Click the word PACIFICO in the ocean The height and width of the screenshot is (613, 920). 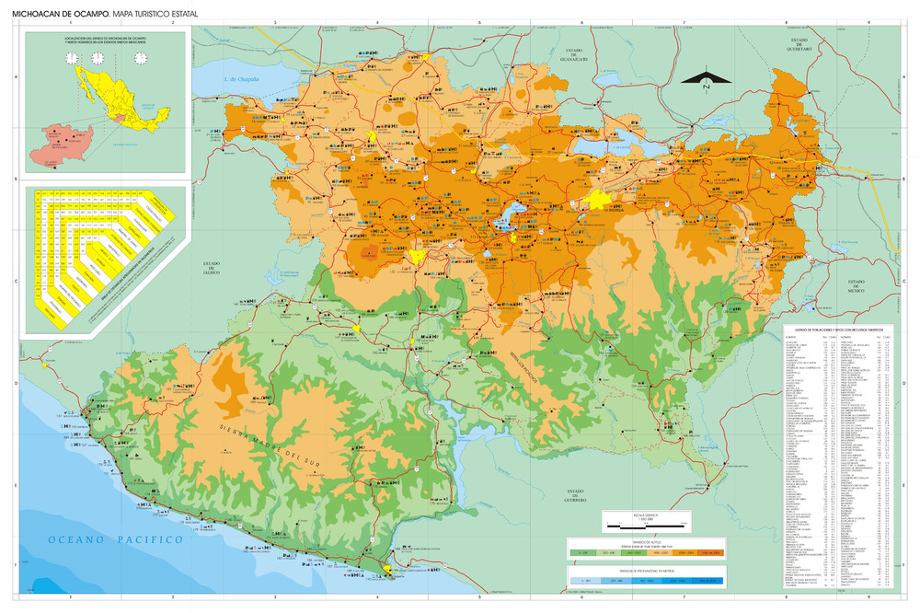pos(144,540)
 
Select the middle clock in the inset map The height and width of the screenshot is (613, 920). pos(106,58)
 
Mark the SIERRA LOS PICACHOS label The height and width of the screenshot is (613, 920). pos(523,368)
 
